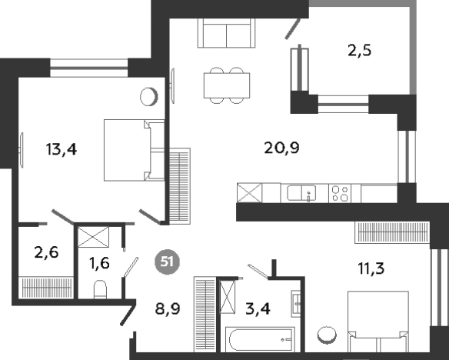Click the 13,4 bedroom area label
tap(62, 149)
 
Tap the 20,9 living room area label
tap(281, 148)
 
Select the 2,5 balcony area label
tap(359, 51)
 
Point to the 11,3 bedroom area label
tap(371, 268)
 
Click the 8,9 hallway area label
tap(168, 309)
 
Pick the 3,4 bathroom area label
tap(258, 309)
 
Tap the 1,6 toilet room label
tap(99, 263)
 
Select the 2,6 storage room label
tap(46, 252)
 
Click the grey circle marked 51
tap(168, 262)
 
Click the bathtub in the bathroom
tap(260, 340)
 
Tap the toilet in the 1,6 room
tap(100, 289)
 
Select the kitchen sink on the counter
tap(302, 193)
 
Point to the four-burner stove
tap(340, 194)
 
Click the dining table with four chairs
tap(227, 85)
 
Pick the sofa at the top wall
tap(226, 33)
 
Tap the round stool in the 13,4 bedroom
tap(149, 96)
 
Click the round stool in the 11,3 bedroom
tap(327, 335)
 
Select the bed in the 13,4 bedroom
tap(134, 150)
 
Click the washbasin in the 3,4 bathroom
tap(296, 304)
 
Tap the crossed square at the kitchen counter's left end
tap(249, 193)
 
